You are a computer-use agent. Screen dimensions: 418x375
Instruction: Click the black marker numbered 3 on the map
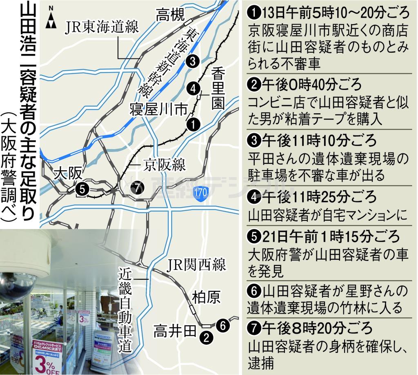[191, 61]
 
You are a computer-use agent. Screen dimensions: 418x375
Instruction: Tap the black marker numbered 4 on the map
[193, 88]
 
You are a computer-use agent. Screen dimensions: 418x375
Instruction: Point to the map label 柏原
[206, 297]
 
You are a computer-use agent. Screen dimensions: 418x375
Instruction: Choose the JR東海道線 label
[102, 28]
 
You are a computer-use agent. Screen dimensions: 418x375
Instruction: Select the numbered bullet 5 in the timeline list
[254, 236]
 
